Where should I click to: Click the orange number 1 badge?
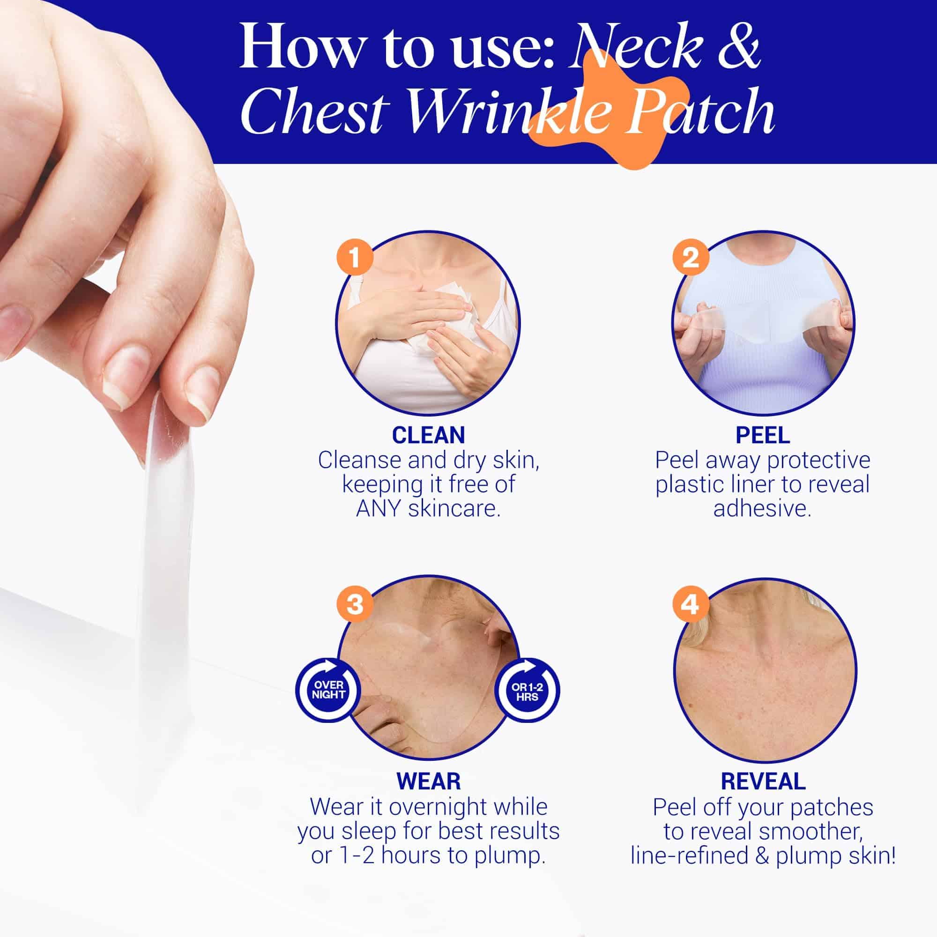click(x=355, y=258)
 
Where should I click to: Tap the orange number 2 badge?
click(x=691, y=258)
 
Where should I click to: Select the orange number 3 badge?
click(x=355, y=605)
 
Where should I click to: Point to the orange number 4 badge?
click(x=691, y=605)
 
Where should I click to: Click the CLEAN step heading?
click(x=428, y=435)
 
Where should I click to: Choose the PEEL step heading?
click(x=763, y=435)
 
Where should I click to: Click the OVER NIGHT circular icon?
click(x=328, y=689)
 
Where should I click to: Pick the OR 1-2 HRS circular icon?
click(x=527, y=689)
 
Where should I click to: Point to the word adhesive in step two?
click(x=762, y=509)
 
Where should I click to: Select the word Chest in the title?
click(x=316, y=112)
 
